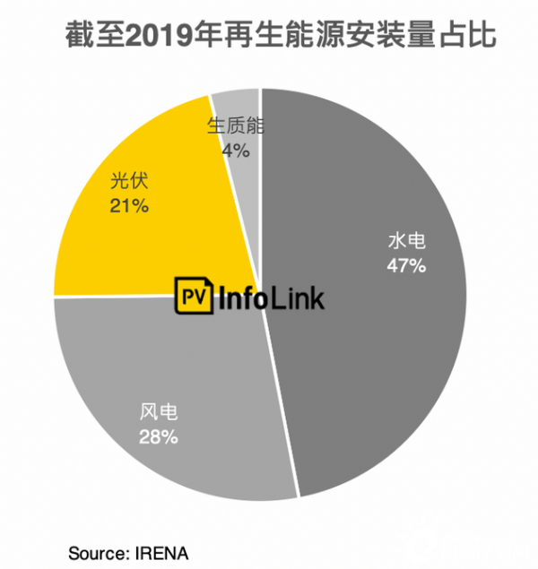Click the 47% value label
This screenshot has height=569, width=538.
pos(406,266)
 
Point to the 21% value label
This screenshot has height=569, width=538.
pos(129,207)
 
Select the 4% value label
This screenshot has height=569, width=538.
pos(236,151)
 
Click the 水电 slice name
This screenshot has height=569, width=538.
pos(406,241)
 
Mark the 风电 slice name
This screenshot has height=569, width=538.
pos(159,413)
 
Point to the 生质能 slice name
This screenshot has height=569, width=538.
pos(236,126)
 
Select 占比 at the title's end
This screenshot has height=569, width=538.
pos(472,37)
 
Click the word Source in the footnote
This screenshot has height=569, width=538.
pos(93,549)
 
